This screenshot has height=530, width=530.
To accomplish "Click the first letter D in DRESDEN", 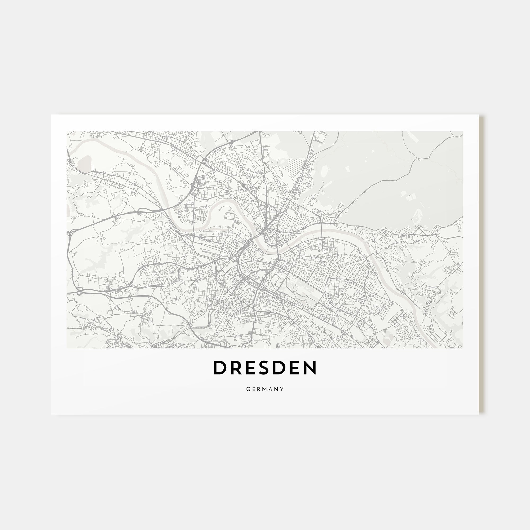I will click(219, 368).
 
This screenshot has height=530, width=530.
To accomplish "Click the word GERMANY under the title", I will click(265, 389).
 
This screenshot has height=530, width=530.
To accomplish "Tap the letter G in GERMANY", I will click(248, 389).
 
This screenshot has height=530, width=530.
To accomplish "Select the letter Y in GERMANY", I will click(282, 389).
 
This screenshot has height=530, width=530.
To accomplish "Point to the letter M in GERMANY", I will click(265, 389).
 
